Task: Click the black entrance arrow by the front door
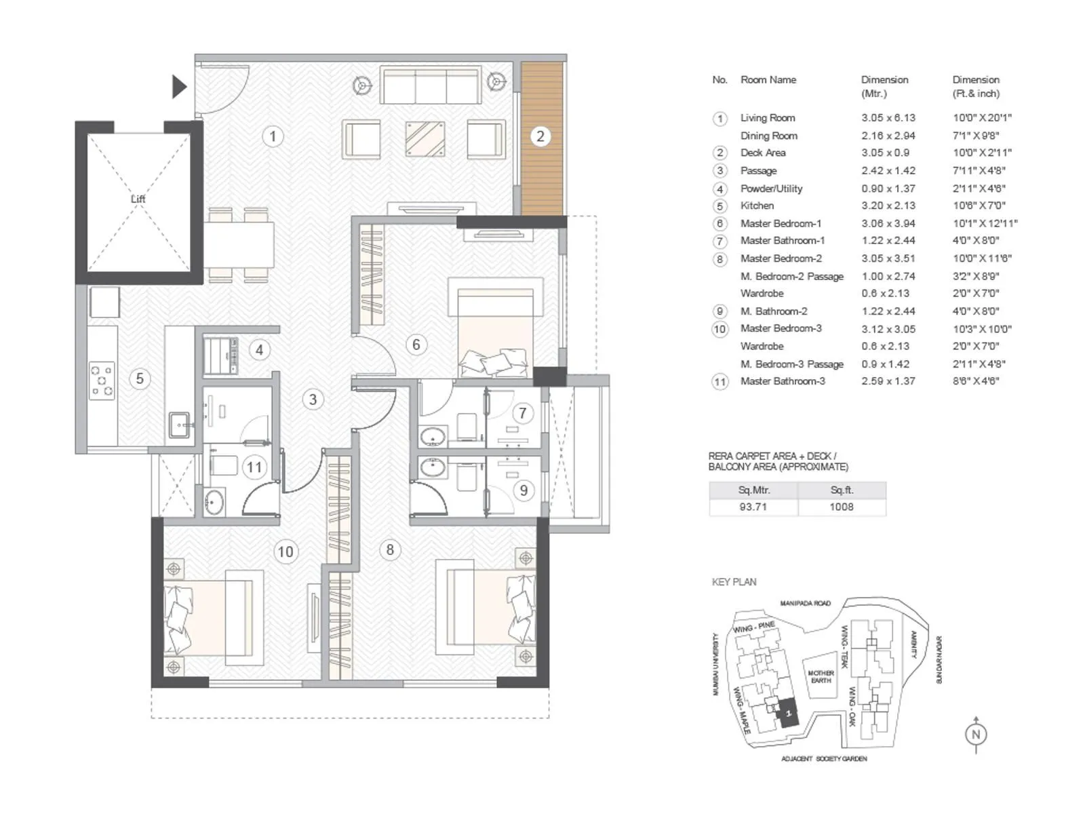(179, 87)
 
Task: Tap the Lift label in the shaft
(138, 199)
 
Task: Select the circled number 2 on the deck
(540, 136)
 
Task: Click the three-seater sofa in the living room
(431, 85)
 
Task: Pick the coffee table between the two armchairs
(425, 138)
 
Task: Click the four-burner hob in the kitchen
(102, 381)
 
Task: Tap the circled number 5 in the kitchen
(140, 379)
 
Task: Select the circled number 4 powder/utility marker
(259, 350)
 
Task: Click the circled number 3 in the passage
(313, 400)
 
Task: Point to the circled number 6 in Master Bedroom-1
(416, 345)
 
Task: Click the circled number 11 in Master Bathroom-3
(254, 467)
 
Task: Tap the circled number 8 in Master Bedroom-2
(390, 549)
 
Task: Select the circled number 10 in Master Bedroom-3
(285, 551)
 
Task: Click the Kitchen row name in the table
(757, 206)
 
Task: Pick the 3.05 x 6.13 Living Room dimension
(888, 117)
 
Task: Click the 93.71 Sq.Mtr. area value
(753, 507)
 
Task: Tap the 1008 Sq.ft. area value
(842, 507)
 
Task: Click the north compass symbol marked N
(976, 734)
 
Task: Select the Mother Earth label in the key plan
(821, 676)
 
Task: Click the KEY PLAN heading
(734, 582)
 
